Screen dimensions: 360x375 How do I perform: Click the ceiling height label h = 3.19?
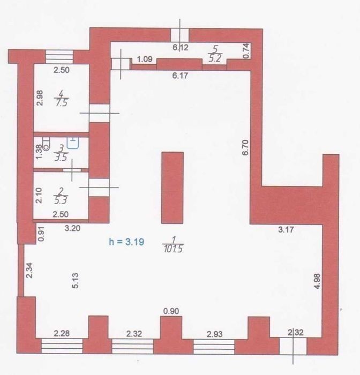click(x=126, y=242)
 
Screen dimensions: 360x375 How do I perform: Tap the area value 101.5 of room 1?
click(x=174, y=249)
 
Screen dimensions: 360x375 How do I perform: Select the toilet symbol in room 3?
click(x=46, y=144)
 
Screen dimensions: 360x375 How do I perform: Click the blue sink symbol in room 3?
click(x=73, y=143)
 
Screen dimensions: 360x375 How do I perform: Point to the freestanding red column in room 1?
click(x=172, y=187)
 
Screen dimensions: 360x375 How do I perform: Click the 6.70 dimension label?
click(x=245, y=147)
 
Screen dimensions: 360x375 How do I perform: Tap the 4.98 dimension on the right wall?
click(x=317, y=281)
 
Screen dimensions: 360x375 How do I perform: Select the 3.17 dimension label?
click(x=286, y=230)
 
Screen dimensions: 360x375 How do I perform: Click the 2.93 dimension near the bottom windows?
click(x=215, y=334)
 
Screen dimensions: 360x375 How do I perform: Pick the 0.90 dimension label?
click(x=171, y=311)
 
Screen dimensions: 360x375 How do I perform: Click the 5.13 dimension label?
click(x=75, y=281)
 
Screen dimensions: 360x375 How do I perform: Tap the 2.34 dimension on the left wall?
click(x=29, y=270)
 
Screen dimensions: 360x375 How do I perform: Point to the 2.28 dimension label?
click(x=62, y=333)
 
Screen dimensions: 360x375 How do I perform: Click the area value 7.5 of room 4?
click(x=62, y=103)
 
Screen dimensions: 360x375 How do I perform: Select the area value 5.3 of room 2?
click(x=61, y=200)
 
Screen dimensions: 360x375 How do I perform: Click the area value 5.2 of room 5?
click(x=215, y=58)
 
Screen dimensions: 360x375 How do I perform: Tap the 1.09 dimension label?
click(x=145, y=59)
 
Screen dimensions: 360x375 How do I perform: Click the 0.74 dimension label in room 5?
click(x=246, y=50)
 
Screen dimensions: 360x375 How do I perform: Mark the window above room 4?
click(x=59, y=57)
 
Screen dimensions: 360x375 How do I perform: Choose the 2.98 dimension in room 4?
click(x=40, y=98)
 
